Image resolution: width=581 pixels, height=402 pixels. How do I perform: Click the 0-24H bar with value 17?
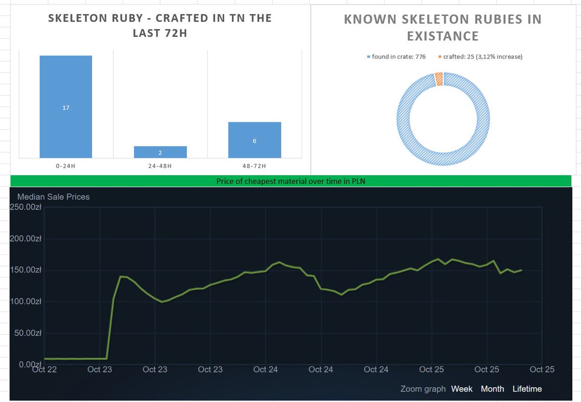(x=66, y=106)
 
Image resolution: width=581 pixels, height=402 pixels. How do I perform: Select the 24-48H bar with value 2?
(x=160, y=152)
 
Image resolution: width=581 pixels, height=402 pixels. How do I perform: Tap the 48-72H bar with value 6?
(x=255, y=140)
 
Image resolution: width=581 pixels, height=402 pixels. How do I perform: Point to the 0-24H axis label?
(x=66, y=166)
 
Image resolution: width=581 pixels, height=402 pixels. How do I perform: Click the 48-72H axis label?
(x=254, y=166)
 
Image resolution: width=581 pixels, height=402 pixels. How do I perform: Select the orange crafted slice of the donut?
(x=439, y=79)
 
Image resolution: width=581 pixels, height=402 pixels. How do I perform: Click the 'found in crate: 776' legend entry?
(x=397, y=57)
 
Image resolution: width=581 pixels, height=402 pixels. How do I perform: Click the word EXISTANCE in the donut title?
(x=443, y=36)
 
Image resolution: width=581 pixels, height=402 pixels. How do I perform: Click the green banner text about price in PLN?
(x=291, y=181)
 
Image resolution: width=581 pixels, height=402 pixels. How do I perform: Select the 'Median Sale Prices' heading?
(x=53, y=197)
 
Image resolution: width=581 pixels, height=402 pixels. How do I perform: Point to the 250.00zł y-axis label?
(x=25, y=207)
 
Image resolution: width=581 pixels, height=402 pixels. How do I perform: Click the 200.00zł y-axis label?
(x=25, y=238)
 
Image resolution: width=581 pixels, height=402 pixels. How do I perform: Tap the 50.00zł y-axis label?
(x=28, y=333)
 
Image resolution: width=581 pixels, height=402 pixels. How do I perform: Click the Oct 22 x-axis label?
(x=45, y=369)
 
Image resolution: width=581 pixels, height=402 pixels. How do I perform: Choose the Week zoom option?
(x=462, y=389)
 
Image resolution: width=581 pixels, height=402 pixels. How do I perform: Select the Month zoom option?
(x=492, y=389)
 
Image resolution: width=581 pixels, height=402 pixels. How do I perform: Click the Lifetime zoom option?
(x=527, y=389)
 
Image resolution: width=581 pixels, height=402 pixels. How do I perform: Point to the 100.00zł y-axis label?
(x=25, y=301)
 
